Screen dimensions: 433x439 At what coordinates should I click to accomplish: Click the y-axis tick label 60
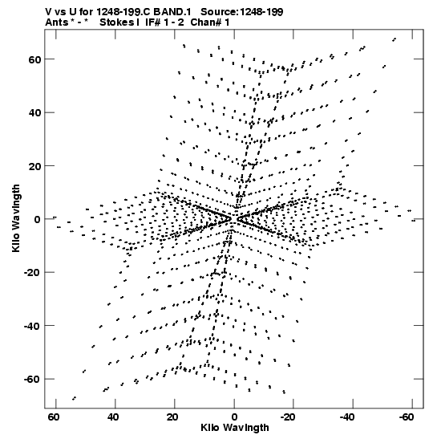click(34, 59)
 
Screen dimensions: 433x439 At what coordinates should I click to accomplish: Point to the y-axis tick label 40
click(34, 112)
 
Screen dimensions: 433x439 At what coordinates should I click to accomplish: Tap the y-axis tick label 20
click(34, 166)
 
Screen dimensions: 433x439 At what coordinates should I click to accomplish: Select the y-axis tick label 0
click(37, 219)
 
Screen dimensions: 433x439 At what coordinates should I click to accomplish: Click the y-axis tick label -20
click(32, 272)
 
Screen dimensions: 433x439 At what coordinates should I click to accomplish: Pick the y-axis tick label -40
click(32, 326)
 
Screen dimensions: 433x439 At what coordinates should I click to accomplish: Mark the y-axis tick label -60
click(32, 380)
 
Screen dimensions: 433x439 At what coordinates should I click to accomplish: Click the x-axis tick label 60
click(54, 417)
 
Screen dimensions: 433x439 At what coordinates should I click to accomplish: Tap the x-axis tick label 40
click(113, 417)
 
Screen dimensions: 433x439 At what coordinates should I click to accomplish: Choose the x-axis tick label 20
click(172, 417)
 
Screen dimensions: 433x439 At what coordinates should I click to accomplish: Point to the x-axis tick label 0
click(234, 417)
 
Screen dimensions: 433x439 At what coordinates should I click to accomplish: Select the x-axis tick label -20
click(288, 417)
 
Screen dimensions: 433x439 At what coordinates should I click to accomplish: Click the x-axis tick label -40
click(347, 417)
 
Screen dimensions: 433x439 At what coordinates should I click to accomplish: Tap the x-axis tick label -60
click(407, 417)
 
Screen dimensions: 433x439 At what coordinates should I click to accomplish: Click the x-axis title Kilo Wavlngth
click(235, 428)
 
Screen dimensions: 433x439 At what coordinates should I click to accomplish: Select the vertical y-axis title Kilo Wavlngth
click(16, 218)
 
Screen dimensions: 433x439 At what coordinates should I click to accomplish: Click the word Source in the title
click(219, 12)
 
